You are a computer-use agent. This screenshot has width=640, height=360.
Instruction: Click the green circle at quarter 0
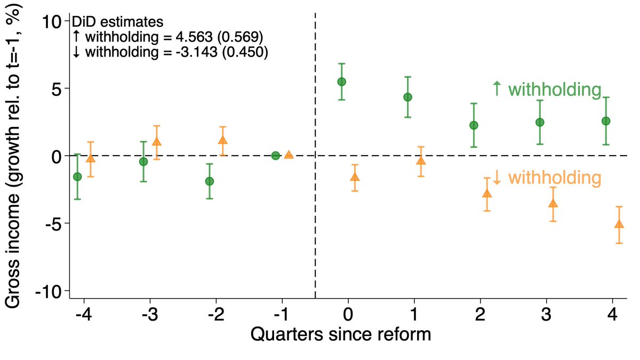341,82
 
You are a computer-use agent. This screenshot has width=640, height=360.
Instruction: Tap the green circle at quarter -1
275,156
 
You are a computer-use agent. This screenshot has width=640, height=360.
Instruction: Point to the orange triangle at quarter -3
156,142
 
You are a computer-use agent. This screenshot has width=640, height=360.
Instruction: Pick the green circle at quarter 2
474,125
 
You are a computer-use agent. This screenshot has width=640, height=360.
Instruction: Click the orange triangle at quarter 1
421,161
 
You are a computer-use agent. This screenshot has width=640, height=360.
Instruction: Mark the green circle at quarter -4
77,177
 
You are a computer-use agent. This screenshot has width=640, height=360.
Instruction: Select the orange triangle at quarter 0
355,177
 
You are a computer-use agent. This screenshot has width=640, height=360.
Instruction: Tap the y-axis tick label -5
52,223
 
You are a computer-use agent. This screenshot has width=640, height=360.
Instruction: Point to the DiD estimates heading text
117,22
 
